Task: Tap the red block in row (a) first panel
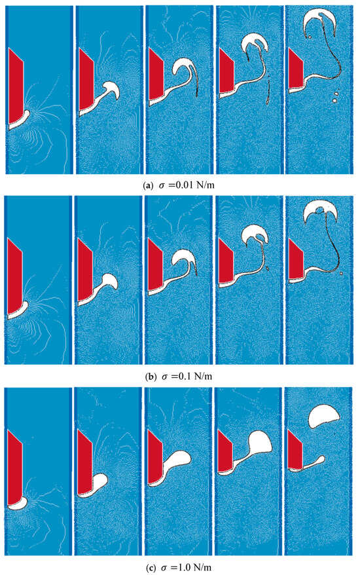(16, 85)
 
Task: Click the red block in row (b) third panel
(155, 264)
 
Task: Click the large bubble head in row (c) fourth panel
(261, 442)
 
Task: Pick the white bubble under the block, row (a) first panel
(22, 121)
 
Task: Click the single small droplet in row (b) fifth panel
(341, 274)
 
